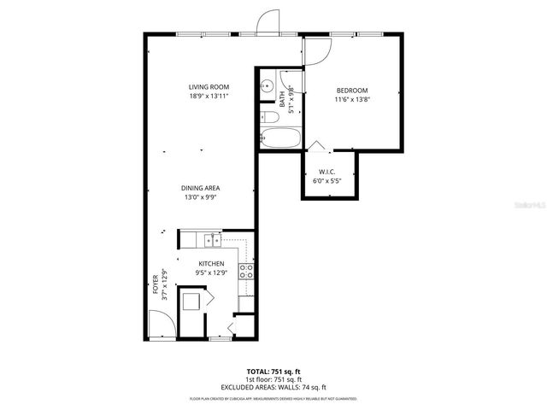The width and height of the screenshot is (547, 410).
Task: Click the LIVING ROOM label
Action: tap(209, 87)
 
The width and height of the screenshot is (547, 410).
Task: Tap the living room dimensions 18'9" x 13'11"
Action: tap(209, 97)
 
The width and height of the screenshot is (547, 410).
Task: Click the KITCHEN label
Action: tap(211, 264)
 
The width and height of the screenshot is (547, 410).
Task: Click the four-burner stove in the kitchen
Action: tap(246, 272)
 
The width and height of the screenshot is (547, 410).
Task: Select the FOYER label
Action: tap(155, 284)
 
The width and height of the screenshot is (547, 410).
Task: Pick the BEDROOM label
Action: tap(351, 91)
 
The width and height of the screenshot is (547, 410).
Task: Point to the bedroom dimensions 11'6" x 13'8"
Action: tap(351, 100)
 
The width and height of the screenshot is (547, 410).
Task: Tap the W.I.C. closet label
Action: tap(326, 170)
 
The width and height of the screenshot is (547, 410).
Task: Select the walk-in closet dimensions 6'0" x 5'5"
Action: tap(326, 179)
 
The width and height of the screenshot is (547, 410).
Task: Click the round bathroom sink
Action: tap(267, 85)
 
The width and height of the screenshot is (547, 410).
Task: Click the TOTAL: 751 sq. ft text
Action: tap(273, 372)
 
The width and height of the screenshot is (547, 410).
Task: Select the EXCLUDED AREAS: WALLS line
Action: tap(273, 387)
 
